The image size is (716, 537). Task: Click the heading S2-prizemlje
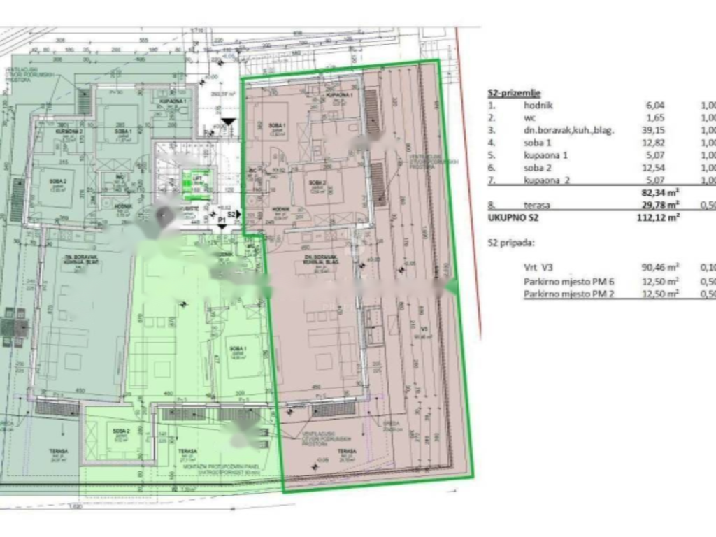coord(513,93)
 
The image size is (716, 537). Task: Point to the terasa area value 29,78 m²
coord(660,204)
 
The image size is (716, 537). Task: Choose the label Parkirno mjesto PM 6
coord(568,281)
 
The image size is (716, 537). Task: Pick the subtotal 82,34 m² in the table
coord(660,192)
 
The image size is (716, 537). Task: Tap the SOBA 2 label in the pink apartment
coord(320,184)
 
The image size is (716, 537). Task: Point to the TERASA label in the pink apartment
coord(348,452)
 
